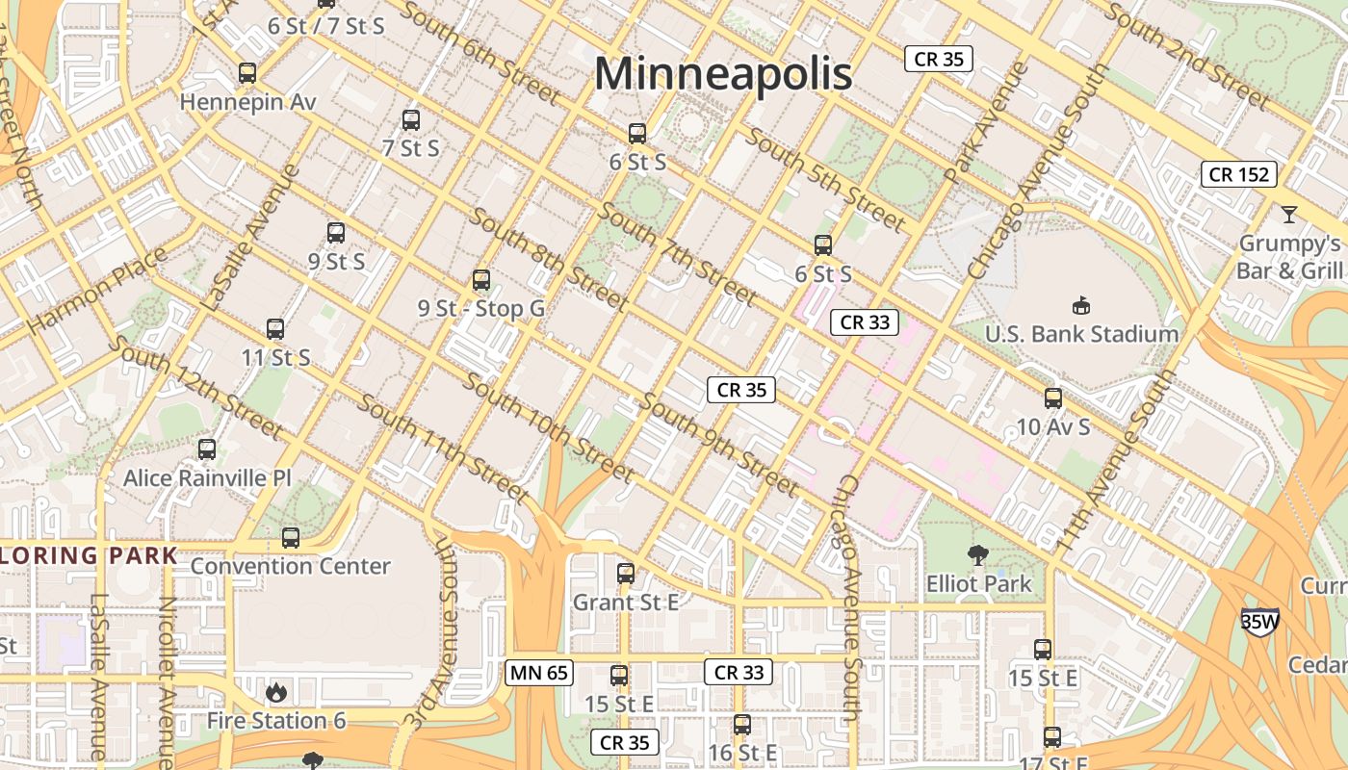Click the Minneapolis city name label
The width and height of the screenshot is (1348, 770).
(x=723, y=74)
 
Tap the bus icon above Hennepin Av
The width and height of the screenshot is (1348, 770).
(x=247, y=72)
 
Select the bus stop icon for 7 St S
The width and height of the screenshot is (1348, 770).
(x=411, y=120)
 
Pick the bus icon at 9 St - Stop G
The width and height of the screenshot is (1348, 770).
(x=481, y=280)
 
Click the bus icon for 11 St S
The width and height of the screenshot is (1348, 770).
(x=275, y=329)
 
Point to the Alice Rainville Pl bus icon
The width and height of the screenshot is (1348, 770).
(x=207, y=449)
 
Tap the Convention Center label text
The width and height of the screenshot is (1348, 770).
(x=290, y=566)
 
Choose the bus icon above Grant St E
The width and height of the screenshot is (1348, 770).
(x=626, y=574)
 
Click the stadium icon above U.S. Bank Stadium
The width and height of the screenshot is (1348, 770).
(x=1081, y=306)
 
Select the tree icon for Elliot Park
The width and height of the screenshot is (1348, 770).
(x=978, y=555)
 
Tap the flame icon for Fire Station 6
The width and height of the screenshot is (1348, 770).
(x=276, y=692)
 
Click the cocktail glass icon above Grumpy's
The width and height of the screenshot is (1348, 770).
(x=1289, y=215)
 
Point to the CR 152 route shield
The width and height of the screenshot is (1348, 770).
(x=1239, y=174)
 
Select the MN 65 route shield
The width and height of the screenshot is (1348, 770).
(x=538, y=673)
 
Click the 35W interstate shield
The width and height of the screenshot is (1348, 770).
(x=1259, y=621)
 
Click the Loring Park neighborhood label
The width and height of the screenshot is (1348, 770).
(x=90, y=555)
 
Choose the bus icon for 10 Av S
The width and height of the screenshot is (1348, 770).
(x=1053, y=398)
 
